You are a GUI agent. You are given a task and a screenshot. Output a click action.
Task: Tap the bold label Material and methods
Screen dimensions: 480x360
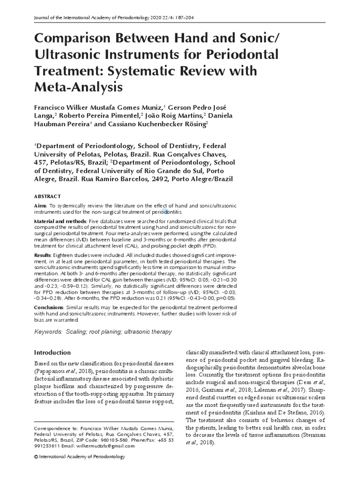click(x=60, y=220)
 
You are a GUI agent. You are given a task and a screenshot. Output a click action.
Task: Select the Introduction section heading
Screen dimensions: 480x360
click(x=52, y=352)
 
